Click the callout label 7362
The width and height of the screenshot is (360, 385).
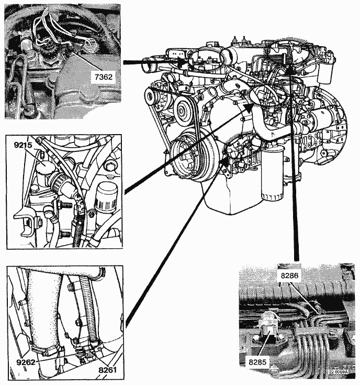pos(104,77)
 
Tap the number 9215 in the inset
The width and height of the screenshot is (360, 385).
pos(23,145)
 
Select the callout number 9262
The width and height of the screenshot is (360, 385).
pos(26,362)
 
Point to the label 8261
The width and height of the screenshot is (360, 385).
pos(107,370)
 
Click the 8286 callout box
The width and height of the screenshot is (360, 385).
pos(289,276)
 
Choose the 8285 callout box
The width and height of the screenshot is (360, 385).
pos(257,362)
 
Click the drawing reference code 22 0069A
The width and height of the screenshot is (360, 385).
pos(338,372)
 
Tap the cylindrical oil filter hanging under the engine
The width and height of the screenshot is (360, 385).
pos(272,175)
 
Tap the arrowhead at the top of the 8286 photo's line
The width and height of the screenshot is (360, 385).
pos(289,69)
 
